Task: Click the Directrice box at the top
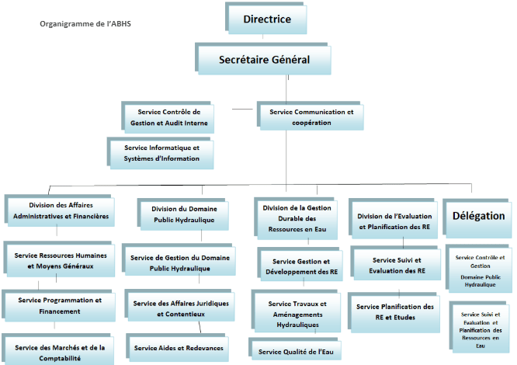pyautogui.click(x=266, y=19)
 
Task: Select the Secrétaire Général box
pyautogui.click(x=263, y=59)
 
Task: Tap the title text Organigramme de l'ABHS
pyautogui.click(x=85, y=24)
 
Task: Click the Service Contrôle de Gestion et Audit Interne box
pyautogui.click(x=168, y=117)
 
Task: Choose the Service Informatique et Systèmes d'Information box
pyautogui.click(x=160, y=153)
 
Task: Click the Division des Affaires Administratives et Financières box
pyautogui.click(x=60, y=210)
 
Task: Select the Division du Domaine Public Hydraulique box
pyautogui.click(x=183, y=214)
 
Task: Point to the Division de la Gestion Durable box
pyautogui.click(x=296, y=218)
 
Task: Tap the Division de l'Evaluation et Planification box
pyautogui.click(x=394, y=218)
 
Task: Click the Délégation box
pyautogui.click(x=477, y=218)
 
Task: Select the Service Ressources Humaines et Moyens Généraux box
pyautogui.click(x=59, y=259)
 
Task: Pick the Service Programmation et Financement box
pyautogui.click(x=59, y=306)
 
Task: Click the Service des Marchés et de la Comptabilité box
pyautogui.click(x=58, y=350)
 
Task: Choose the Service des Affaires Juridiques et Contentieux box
pyautogui.click(x=179, y=305)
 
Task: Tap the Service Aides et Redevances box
pyautogui.click(x=178, y=348)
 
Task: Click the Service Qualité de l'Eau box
pyautogui.click(x=295, y=349)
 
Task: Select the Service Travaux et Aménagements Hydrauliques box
pyautogui.click(x=296, y=311)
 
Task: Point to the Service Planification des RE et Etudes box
pyautogui.click(x=394, y=312)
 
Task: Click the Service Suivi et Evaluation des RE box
pyautogui.click(x=396, y=263)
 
